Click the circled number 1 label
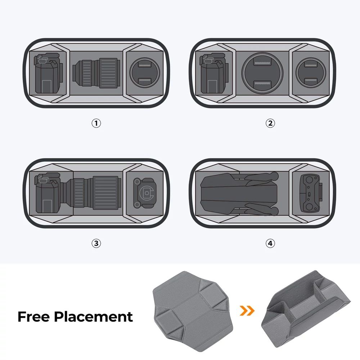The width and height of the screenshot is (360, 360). [96, 123]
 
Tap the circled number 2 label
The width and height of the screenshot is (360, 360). [270, 123]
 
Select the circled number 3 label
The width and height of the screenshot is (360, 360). [96, 243]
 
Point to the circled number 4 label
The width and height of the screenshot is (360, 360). [270, 243]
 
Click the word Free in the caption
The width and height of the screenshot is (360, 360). [33, 316]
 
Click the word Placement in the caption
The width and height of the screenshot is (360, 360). [94, 316]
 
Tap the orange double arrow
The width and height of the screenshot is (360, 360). [247, 311]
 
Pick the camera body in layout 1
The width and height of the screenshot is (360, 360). [48, 73]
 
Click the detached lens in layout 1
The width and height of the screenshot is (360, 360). [96, 73]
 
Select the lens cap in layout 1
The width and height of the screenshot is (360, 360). [144, 73]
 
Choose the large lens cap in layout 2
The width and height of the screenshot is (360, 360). [262, 73]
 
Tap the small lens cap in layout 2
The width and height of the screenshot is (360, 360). [311, 73]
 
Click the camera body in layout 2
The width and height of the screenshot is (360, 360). [214, 73]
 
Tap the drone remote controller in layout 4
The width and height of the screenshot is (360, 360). [311, 193]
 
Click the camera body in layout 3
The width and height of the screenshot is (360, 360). [48, 193]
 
